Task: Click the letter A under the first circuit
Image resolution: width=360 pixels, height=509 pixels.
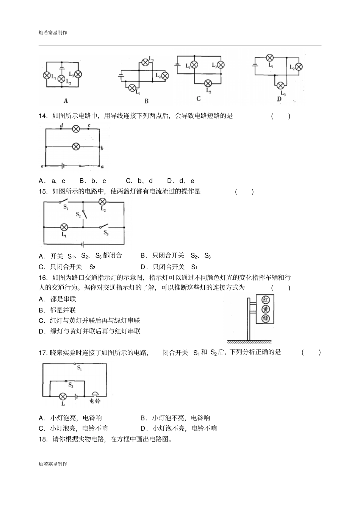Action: pos(66,101)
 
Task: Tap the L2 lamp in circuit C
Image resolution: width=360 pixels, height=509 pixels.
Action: pos(208,83)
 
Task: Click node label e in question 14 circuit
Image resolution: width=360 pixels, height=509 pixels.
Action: pos(42,166)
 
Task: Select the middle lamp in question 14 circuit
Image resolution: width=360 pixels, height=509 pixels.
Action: pos(76,146)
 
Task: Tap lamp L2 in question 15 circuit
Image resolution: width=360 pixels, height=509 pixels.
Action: pos(102,201)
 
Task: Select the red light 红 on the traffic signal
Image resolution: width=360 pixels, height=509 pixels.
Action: pos(266,300)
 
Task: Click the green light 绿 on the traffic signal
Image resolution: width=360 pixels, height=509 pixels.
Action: pos(266,319)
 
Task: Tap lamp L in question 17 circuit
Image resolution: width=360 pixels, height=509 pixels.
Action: pos(63,397)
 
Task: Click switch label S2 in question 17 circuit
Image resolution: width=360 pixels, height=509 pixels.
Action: pos(70,385)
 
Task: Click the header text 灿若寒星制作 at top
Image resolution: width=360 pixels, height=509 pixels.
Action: pos(53,33)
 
